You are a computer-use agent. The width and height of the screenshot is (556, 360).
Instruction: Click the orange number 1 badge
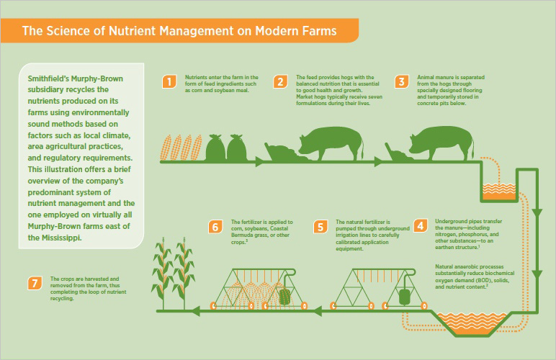click(x=169, y=82)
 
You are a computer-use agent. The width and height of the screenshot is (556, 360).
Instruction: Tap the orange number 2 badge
click(x=280, y=82)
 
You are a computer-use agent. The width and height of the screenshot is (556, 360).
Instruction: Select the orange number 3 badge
click(x=401, y=82)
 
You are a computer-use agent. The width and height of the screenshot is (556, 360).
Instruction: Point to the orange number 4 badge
click(x=420, y=225)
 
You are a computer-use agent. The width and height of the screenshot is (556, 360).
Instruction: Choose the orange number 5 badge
click(x=320, y=227)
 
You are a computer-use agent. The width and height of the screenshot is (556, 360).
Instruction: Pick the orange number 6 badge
click(x=215, y=227)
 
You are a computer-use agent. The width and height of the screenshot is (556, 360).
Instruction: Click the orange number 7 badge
click(x=35, y=283)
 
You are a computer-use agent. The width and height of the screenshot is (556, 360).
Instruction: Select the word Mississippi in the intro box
click(x=60, y=238)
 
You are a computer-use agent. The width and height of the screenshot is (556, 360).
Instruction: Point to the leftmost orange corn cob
click(x=166, y=148)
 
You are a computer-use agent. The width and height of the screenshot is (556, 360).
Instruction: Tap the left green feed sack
click(x=215, y=148)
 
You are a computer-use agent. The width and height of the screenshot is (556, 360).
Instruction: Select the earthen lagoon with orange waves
click(x=472, y=323)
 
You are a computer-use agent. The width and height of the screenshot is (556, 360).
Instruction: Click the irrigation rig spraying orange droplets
click(x=259, y=289)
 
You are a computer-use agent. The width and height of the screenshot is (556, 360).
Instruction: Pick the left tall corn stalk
click(x=162, y=274)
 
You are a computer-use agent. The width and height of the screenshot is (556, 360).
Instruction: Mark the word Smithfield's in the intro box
click(x=48, y=78)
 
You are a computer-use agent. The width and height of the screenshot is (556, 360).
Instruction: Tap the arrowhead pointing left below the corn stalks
click(x=195, y=312)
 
